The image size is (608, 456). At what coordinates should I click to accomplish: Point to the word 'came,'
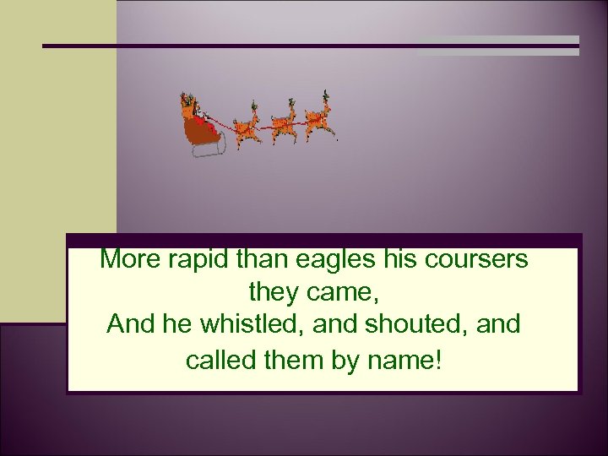click(x=340, y=293)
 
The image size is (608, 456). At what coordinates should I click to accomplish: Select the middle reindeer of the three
click(x=283, y=123)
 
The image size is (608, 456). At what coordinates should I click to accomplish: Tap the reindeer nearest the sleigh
click(x=246, y=127)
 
